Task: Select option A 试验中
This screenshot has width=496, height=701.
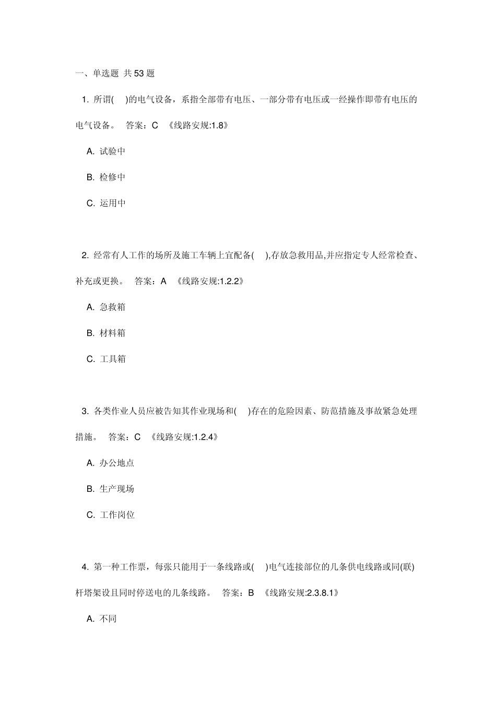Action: [106, 151]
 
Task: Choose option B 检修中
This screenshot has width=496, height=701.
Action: [106, 177]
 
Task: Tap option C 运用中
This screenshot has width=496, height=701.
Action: [106, 203]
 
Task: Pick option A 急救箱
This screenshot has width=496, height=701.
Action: [106, 307]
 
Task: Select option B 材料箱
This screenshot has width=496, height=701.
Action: [106, 333]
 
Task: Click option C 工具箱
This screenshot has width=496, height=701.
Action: [106, 359]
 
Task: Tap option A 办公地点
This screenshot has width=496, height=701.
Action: [110, 463]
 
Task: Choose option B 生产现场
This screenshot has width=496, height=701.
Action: [110, 489]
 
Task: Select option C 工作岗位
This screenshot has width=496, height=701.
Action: [110, 515]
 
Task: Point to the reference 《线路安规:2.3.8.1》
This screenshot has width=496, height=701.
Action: [301, 593]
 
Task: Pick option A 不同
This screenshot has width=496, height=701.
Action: [102, 619]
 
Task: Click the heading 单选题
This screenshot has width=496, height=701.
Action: [106, 74]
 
